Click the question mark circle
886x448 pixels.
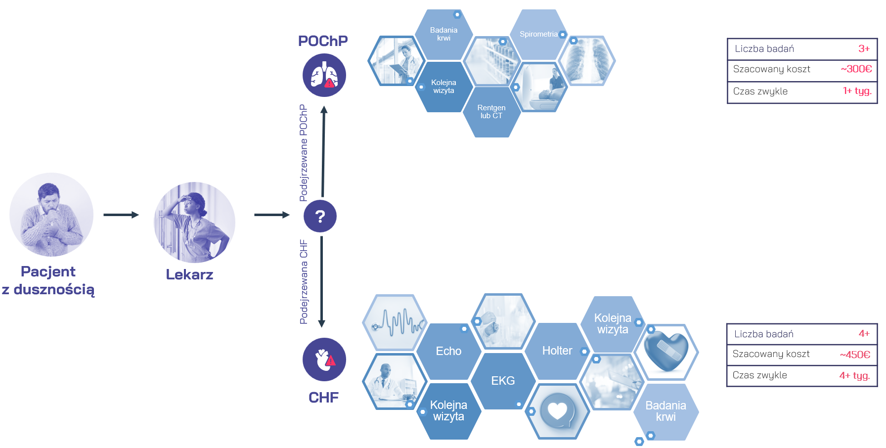click(x=320, y=216)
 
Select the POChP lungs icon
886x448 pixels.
click(x=324, y=75)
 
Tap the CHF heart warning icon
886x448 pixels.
click(x=324, y=359)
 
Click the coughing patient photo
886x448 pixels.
click(x=51, y=215)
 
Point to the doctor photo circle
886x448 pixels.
click(x=194, y=223)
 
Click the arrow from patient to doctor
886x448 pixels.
click(x=121, y=215)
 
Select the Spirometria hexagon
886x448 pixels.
click(x=539, y=34)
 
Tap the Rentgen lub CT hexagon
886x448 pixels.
click(x=491, y=112)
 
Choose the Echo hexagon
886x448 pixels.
click(x=448, y=351)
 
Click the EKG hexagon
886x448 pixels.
click(x=503, y=381)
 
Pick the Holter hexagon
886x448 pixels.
click(x=557, y=351)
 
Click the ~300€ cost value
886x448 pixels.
click(x=856, y=69)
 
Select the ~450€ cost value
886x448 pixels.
click(x=855, y=355)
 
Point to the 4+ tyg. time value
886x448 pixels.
click(x=855, y=376)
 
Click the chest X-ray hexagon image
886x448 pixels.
click(x=587, y=60)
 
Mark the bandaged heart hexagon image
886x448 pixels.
click(x=666, y=352)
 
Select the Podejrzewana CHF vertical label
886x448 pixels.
click(x=304, y=282)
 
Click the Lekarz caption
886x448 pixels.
click(x=189, y=274)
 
